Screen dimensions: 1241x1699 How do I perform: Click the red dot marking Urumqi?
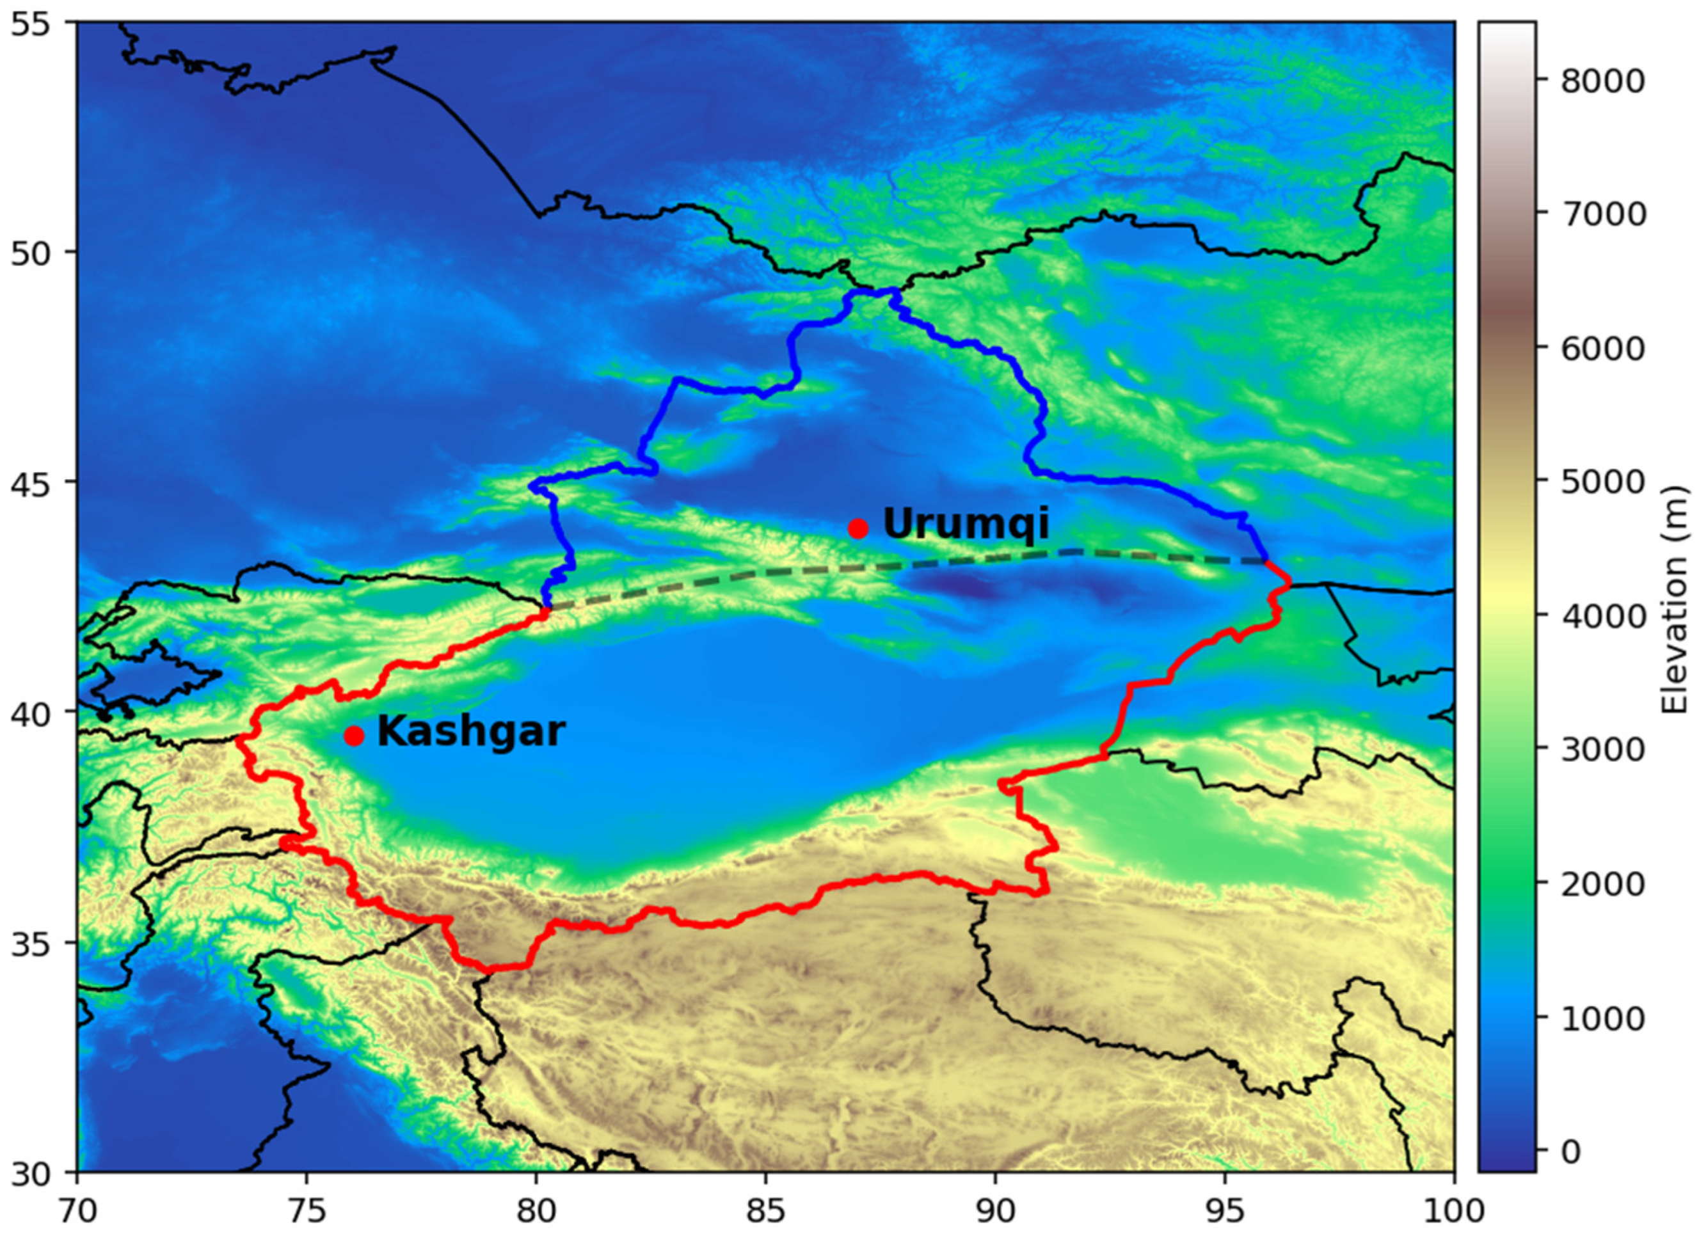(858, 528)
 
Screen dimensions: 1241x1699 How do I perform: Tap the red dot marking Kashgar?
(354, 736)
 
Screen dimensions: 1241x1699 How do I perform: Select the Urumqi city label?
(966, 524)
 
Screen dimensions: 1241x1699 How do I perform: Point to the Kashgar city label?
(470, 731)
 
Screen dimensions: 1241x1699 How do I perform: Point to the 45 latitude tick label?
(31, 482)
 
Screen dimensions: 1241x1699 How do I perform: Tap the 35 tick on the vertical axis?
(31, 943)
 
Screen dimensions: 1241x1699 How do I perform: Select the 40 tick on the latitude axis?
(31, 711)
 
